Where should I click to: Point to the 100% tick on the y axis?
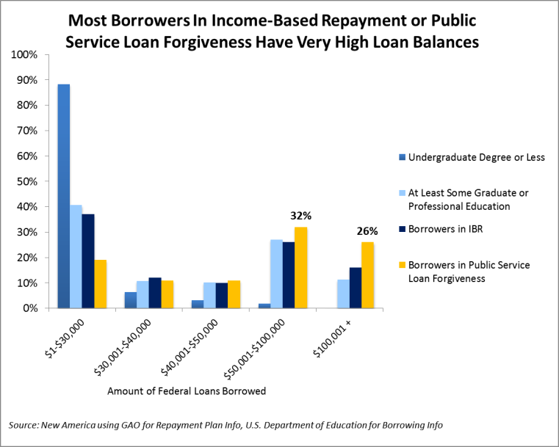pyautogui.click(x=26, y=55)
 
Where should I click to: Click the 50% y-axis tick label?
pyautogui.click(x=29, y=181)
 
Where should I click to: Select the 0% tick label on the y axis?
pyautogui.click(x=31, y=308)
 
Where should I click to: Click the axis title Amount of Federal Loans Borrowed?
pyautogui.click(x=186, y=391)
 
